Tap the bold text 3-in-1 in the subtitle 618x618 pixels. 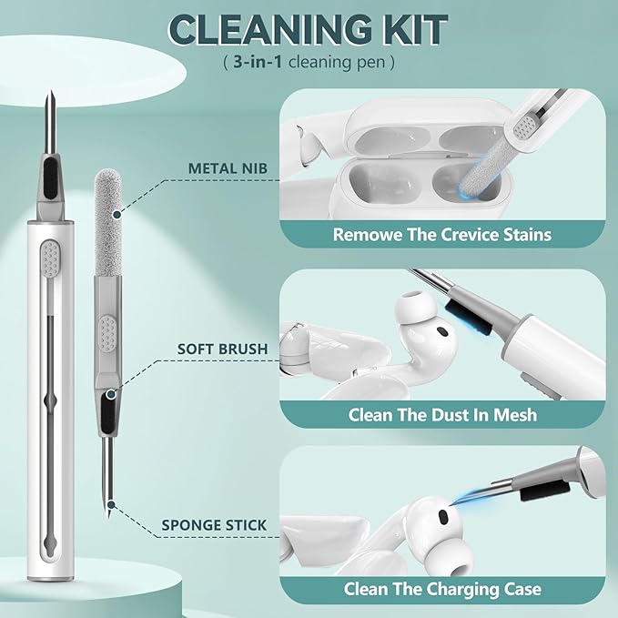(258, 62)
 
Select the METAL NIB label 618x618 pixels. (228, 168)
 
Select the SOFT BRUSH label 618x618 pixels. (222, 349)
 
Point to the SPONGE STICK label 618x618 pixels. (214, 525)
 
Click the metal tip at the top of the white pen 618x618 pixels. (50, 122)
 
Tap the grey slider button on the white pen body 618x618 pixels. (50, 258)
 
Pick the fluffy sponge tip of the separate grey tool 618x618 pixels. (107, 223)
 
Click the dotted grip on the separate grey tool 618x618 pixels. (107, 332)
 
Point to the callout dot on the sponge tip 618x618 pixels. (117, 215)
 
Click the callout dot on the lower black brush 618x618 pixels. (112, 394)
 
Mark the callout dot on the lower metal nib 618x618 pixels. (112, 504)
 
